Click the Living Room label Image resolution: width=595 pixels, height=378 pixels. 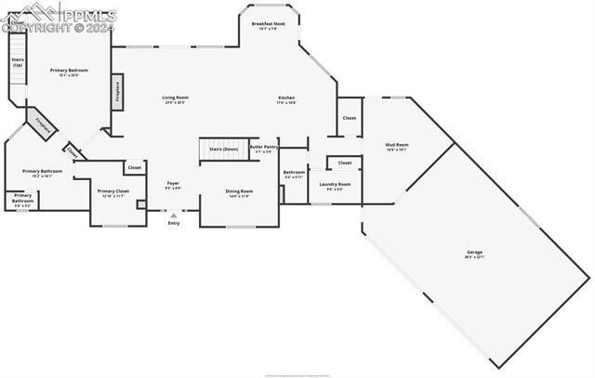click(x=176, y=97)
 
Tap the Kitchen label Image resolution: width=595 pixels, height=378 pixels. click(x=286, y=98)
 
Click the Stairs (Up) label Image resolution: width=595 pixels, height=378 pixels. click(x=18, y=62)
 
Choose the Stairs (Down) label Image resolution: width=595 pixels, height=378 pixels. click(x=223, y=149)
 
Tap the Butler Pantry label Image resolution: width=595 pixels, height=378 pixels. click(x=264, y=147)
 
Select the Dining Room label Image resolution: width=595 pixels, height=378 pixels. click(x=238, y=191)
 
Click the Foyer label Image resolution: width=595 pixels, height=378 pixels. click(x=173, y=183)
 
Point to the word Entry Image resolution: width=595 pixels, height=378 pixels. click(x=174, y=223)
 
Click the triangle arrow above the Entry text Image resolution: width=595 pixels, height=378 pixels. click(x=174, y=215)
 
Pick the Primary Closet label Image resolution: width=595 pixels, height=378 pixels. click(x=113, y=191)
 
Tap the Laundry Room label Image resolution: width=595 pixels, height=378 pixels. click(x=335, y=184)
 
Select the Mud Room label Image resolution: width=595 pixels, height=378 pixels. click(x=397, y=145)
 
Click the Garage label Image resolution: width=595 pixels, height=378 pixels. click(x=474, y=252)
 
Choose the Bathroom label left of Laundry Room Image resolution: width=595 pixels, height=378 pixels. click(x=294, y=172)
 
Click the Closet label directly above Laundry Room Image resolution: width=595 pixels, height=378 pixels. click(x=345, y=163)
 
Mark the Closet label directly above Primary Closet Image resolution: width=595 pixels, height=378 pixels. click(x=135, y=167)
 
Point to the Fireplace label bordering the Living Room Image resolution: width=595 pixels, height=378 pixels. click(x=117, y=91)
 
